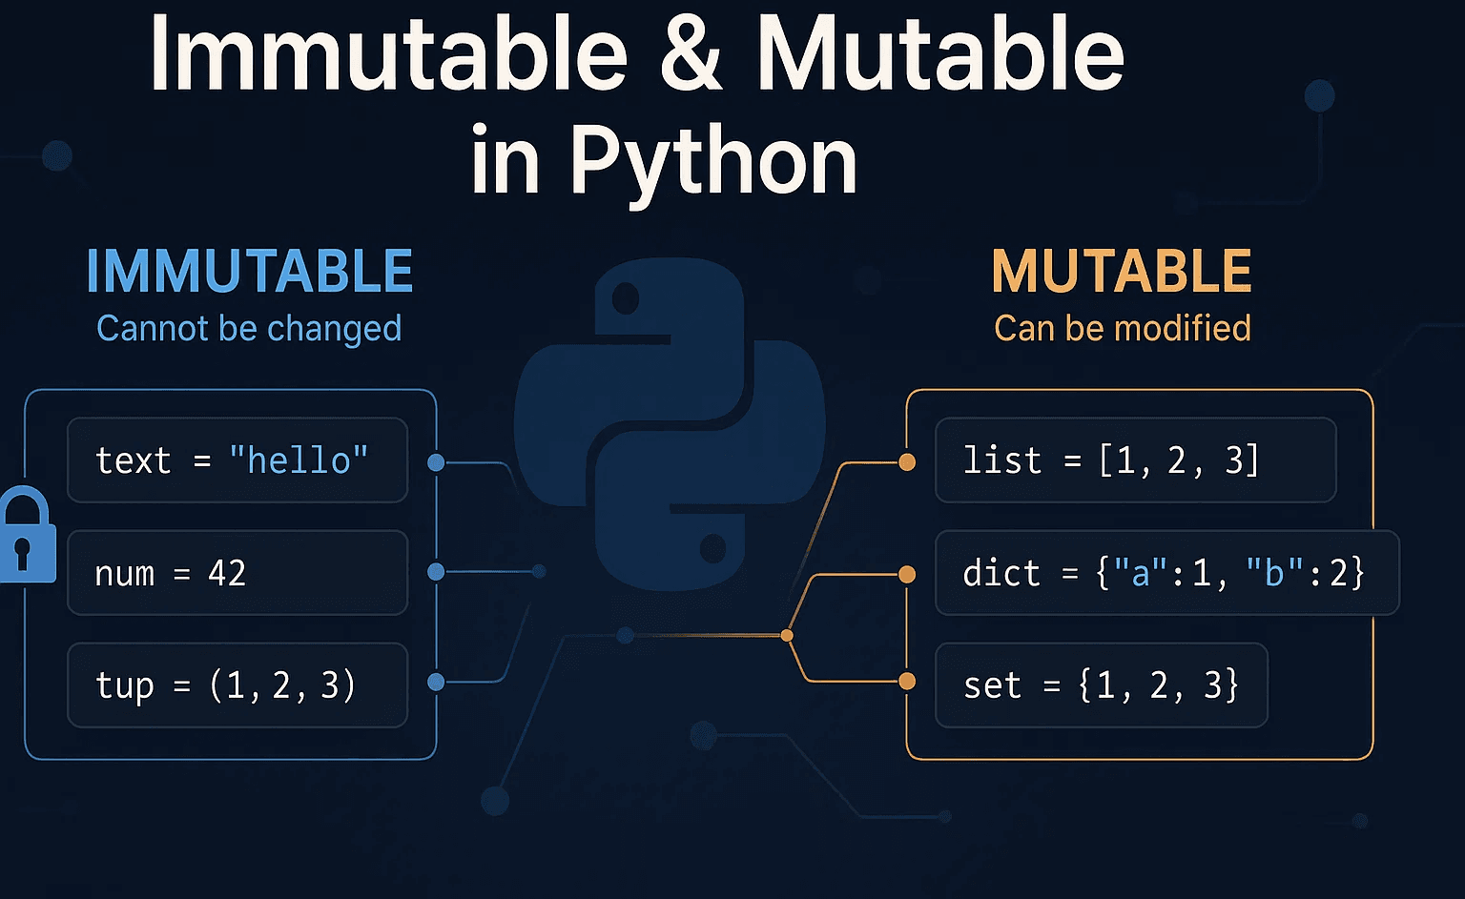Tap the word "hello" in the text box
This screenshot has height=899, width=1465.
(x=299, y=460)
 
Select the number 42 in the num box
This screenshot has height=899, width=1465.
(x=227, y=573)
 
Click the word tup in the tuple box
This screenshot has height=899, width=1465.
(x=124, y=685)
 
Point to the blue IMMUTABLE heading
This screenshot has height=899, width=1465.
(x=249, y=272)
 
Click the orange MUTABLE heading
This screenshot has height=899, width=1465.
(x=1122, y=272)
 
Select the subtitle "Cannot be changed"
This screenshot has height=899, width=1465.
(x=249, y=328)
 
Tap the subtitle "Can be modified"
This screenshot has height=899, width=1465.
(x=1122, y=328)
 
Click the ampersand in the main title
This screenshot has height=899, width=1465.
(x=691, y=55)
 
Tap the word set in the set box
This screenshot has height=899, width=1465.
(x=992, y=685)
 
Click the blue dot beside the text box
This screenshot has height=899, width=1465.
(x=436, y=462)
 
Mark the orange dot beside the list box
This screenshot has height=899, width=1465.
(x=907, y=462)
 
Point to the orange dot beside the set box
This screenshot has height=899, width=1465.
(x=907, y=681)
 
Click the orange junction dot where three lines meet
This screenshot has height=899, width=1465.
(x=787, y=635)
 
